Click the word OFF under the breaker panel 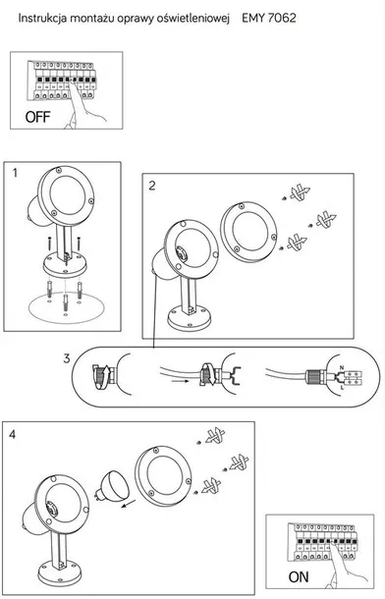37,117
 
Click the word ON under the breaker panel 299,576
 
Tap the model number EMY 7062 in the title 269,18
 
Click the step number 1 15,173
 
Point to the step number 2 152,186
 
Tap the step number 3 67,358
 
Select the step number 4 13,434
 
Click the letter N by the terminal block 342,367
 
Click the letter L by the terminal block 342,388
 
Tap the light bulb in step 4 112,485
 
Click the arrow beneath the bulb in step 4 129,505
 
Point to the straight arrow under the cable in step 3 180,381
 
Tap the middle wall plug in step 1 66,302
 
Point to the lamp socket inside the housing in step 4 51,509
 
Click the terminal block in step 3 353,378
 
